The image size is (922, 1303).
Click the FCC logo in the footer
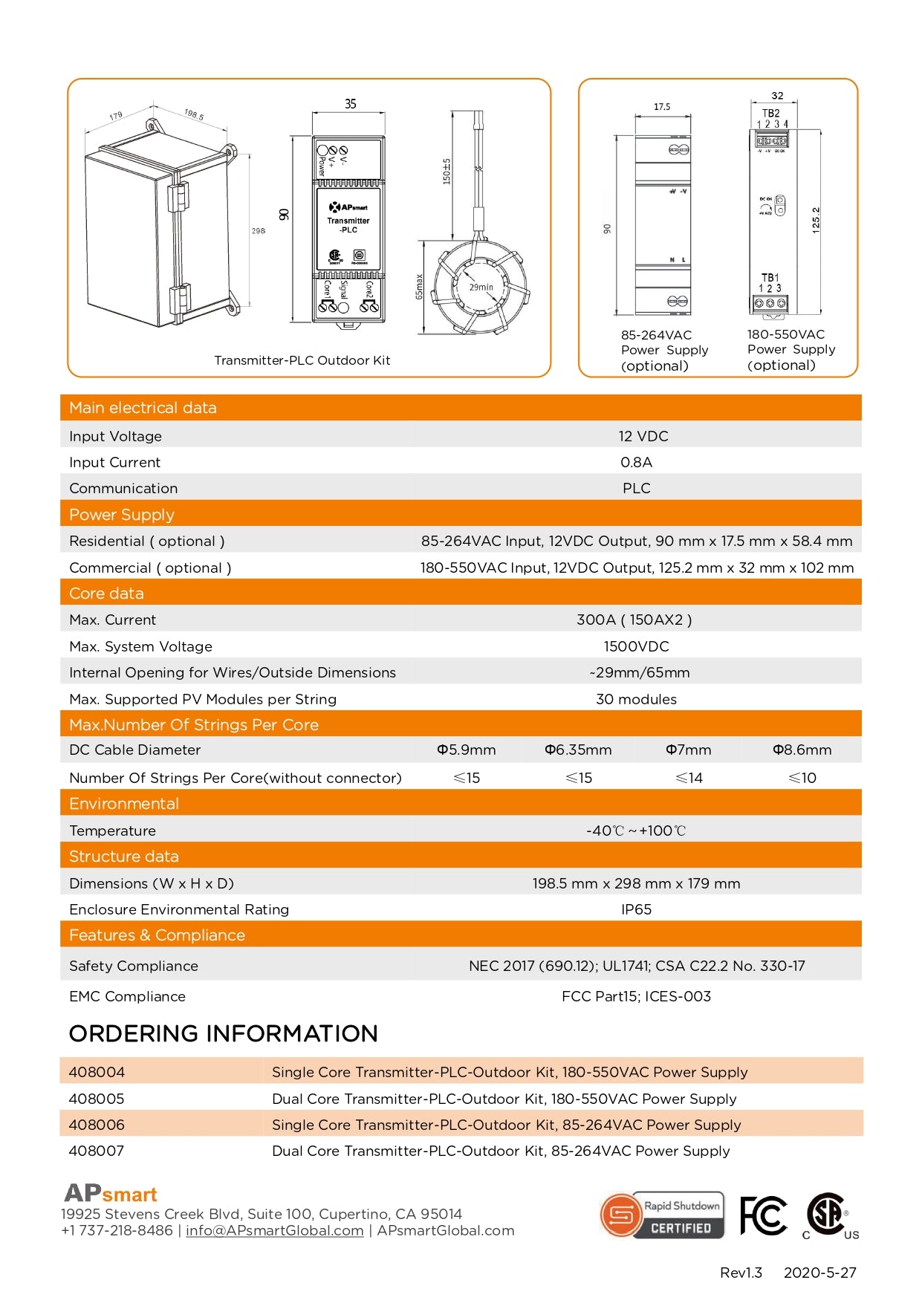click(763, 1216)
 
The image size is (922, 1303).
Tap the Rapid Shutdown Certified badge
click(662, 1215)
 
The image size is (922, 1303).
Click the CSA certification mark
click(828, 1215)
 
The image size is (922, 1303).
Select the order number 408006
click(97, 1125)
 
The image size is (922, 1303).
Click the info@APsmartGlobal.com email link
click(274, 1230)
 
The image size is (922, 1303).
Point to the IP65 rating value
click(636, 909)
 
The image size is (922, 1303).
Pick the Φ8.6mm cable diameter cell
click(802, 750)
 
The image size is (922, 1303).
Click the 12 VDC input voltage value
click(643, 436)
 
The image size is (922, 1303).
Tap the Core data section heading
click(106, 594)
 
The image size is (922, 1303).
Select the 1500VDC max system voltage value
click(636, 646)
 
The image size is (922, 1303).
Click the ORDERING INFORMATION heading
click(223, 1033)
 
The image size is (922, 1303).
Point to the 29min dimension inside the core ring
click(481, 287)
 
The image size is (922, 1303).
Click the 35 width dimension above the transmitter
click(350, 104)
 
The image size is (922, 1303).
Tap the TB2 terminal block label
click(771, 114)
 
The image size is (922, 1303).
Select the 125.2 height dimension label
click(816, 221)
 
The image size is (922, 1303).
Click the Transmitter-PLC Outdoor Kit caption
click(302, 360)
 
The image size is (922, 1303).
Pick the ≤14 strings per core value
click(689, 778)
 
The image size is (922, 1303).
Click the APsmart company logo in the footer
click(111, 1194)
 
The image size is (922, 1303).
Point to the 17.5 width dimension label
click(662, 107)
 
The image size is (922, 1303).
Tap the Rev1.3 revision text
click(741, 1273)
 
